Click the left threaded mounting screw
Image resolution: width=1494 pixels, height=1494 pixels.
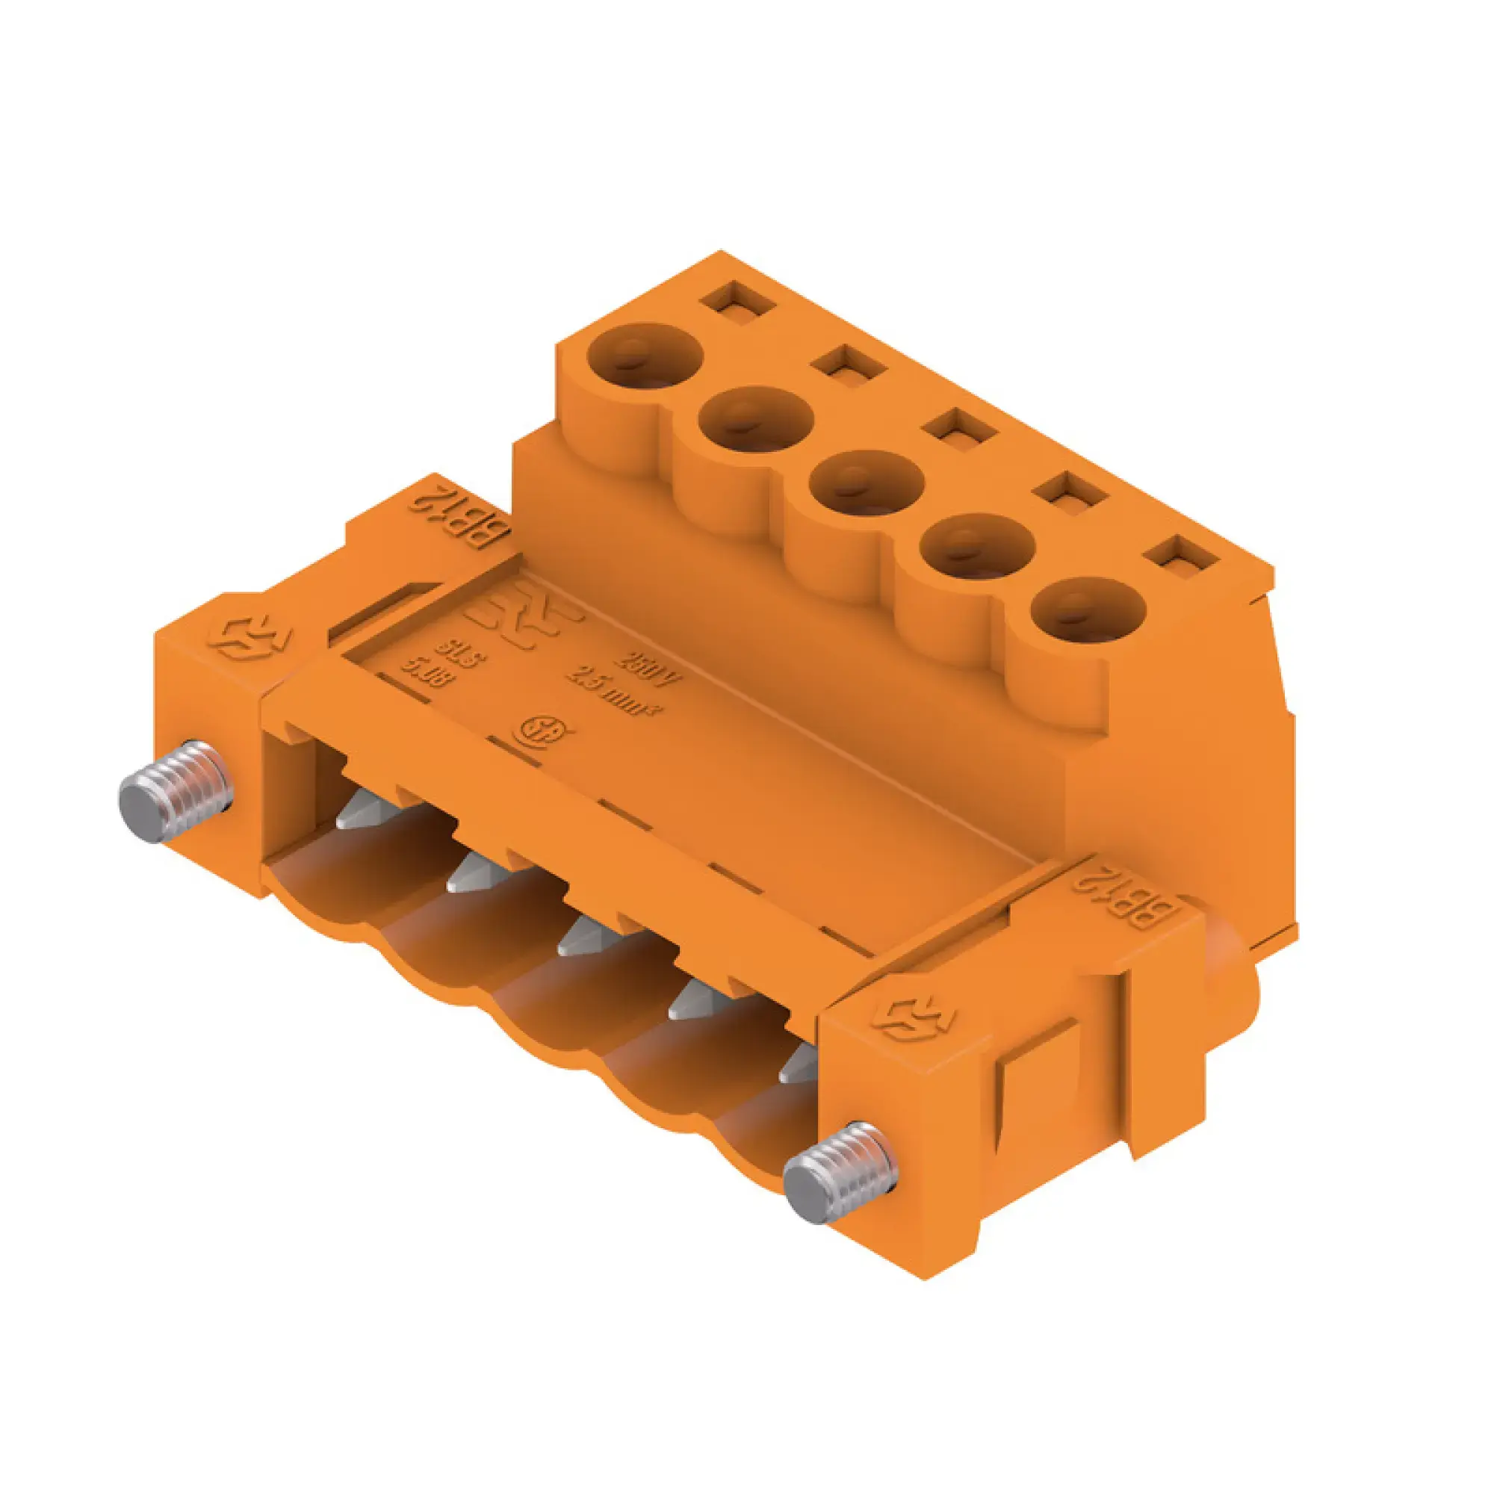(x=176, y=791)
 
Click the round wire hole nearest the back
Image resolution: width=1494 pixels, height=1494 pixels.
(x=644, y=356)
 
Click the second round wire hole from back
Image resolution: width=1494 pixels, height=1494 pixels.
(x=755, y=420)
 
